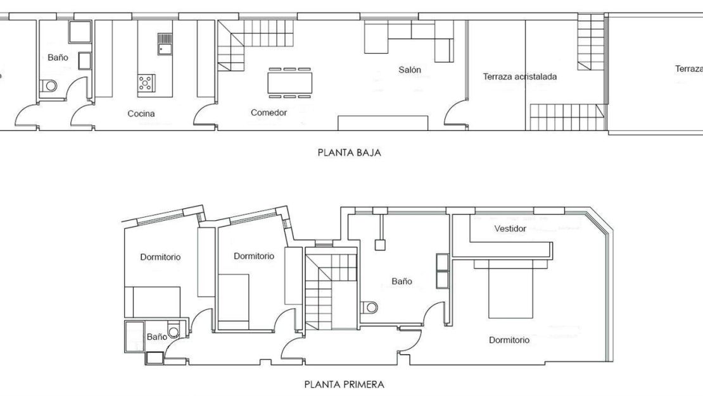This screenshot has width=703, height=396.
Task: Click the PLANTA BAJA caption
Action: click(349, 152)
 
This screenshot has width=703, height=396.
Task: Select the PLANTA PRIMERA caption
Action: click(344, 384)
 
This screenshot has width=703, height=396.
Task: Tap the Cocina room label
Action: click(141, 114)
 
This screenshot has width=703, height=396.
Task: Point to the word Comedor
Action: click(269, 113)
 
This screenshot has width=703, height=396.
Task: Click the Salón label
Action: click(409, 70)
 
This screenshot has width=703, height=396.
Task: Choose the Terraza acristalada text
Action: click(519, 77)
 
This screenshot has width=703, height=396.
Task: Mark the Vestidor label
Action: click(510, 228)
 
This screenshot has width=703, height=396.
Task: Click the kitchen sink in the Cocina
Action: click(165, 44)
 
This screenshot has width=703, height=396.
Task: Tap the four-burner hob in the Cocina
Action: click(146, 82)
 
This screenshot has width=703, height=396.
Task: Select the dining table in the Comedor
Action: click(289, 83)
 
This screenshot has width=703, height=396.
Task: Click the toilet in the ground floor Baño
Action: click(48, 85)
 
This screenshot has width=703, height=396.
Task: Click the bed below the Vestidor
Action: click(510, 291)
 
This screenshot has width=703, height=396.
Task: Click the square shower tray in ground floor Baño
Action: click(80, 32)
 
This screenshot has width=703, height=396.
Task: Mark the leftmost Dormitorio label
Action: click(160, 257)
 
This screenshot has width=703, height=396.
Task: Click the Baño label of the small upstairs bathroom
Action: click(156, 337)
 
